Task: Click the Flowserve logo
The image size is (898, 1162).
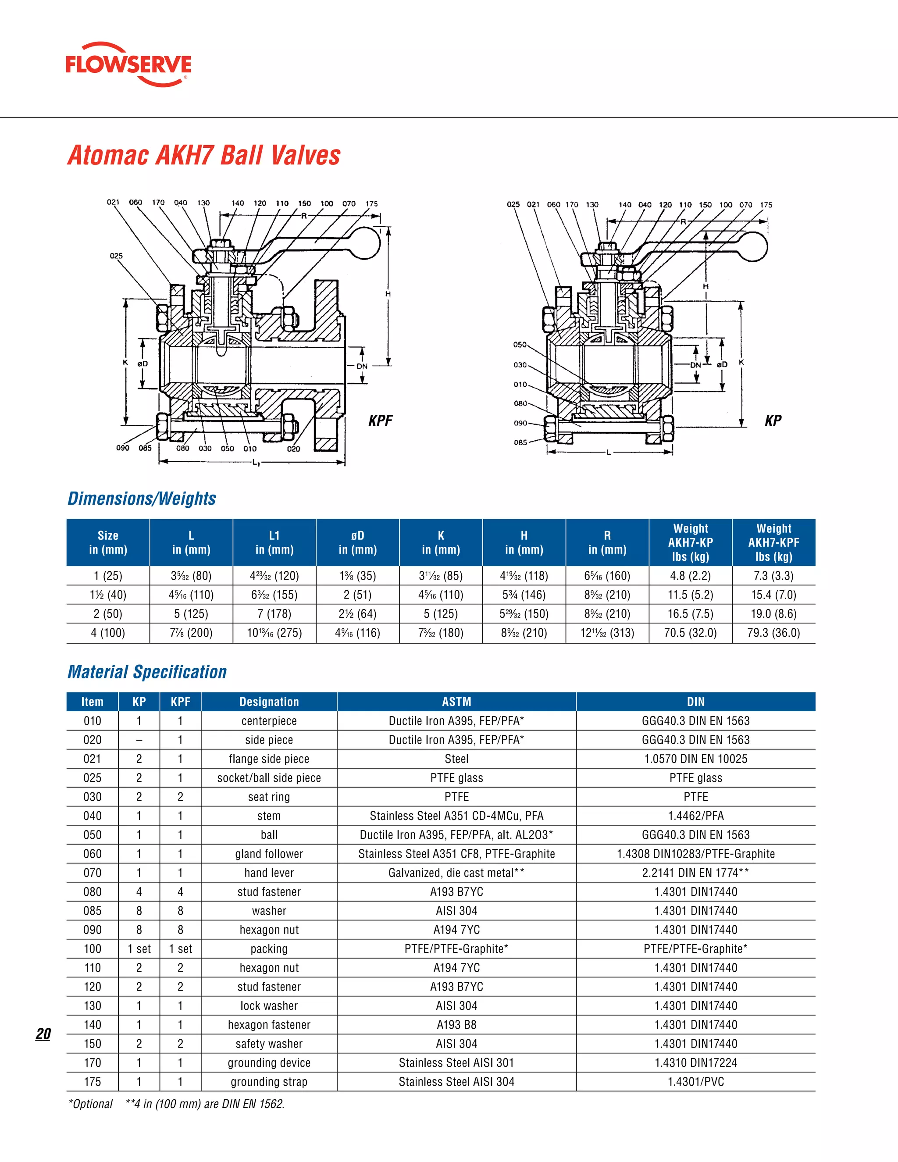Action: coord(128,64)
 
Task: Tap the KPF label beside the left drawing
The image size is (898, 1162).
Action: coord(380,421)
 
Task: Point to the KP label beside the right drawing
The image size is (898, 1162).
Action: coord(773,421)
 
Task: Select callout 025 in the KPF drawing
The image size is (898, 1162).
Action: coord(116,256)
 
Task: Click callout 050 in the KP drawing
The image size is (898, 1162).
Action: coord(520,345)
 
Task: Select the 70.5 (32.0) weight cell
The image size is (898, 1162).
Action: coord(691,633)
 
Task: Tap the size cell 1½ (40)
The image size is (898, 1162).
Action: coord(108,595)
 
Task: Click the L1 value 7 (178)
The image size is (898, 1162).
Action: coord(274,614)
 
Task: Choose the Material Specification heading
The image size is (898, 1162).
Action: coord(147,672)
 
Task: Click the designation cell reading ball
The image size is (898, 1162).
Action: coord(269,835)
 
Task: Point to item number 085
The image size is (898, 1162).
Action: coord(93,911)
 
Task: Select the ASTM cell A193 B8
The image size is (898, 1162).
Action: coord(456,1025)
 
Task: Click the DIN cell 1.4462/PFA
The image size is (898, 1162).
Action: coord(696,816)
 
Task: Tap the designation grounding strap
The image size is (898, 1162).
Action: coord(269,1082)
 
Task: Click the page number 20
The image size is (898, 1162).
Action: coord(43,1034)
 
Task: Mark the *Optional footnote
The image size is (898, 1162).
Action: coord(90,1104)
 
